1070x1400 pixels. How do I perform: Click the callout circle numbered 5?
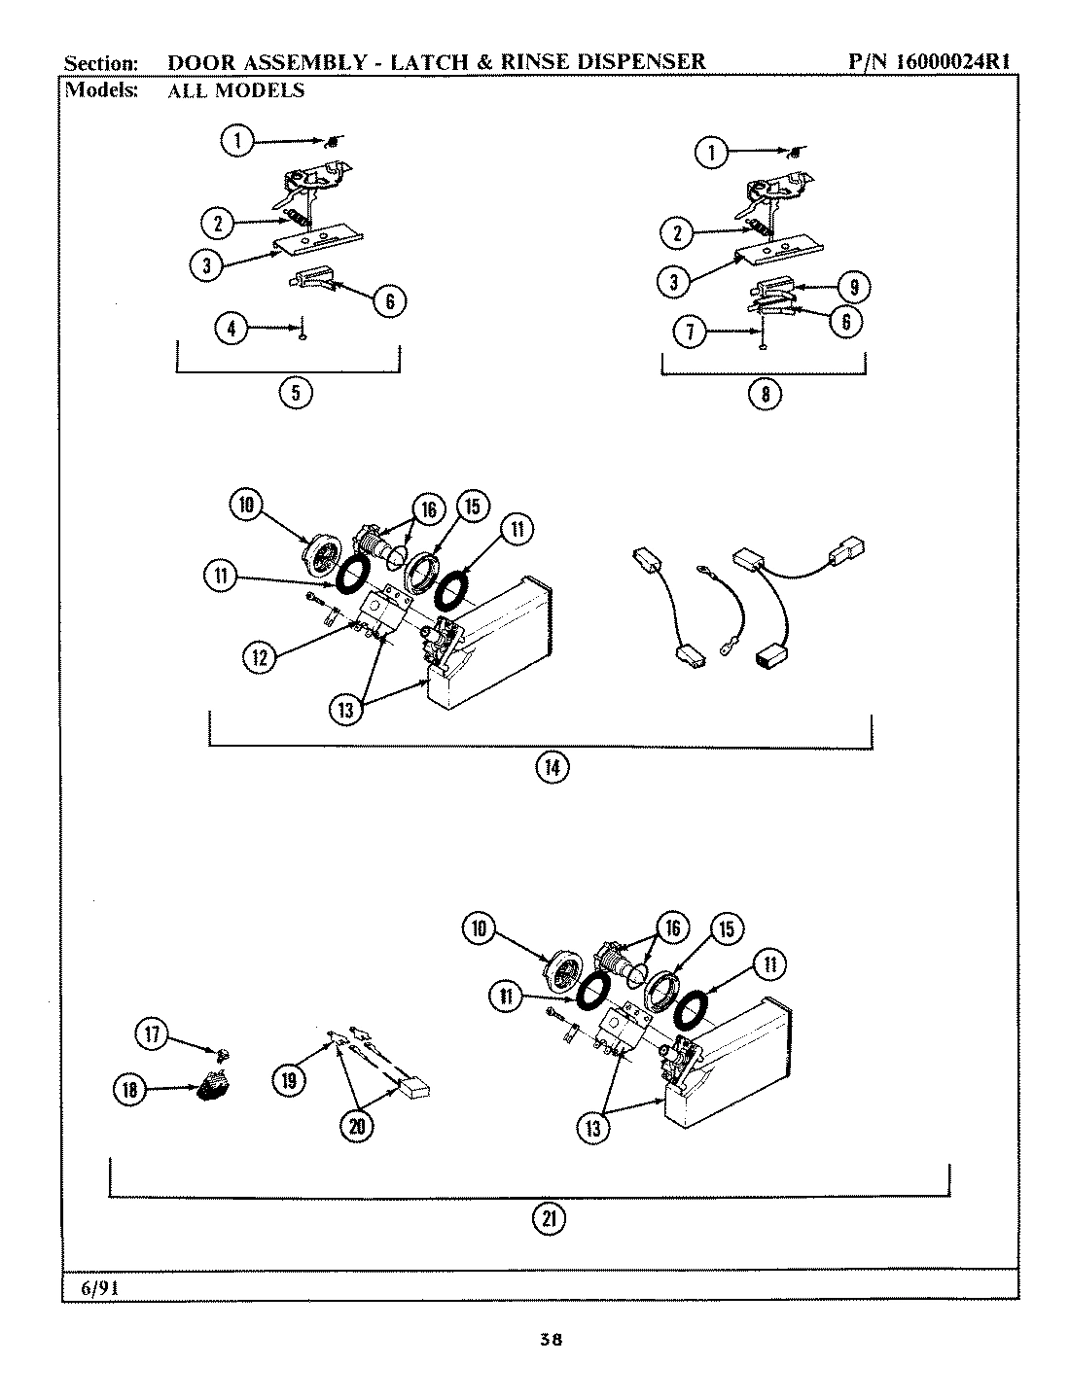pyautogui.click(x=296, y=394)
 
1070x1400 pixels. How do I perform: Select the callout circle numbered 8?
pyautogui.click(x=764, y=394)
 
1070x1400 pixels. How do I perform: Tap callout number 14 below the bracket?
pyautogui.click(x=551, y=767)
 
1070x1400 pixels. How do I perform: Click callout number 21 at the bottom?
pyautogui.click(x=548, y=1219)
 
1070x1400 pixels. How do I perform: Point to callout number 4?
pyautogui.click(x=231, y=330)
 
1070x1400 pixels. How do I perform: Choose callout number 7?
pyautogui.click(x=689, y=332)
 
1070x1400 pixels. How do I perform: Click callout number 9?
pyautogui.click(x=853, y=287)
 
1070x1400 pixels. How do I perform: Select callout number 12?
pyautogui.click(x=259, y=657)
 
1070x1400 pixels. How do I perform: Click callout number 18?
pyautogui.click(x=131, y=1090)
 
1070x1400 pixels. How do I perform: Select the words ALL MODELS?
pyautogui.click(x=236, y=90)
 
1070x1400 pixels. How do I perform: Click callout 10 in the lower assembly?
pyautogui.click(x=480, y=929)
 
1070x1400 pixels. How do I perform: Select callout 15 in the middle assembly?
pyautogui.click(x=472, y=507)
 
